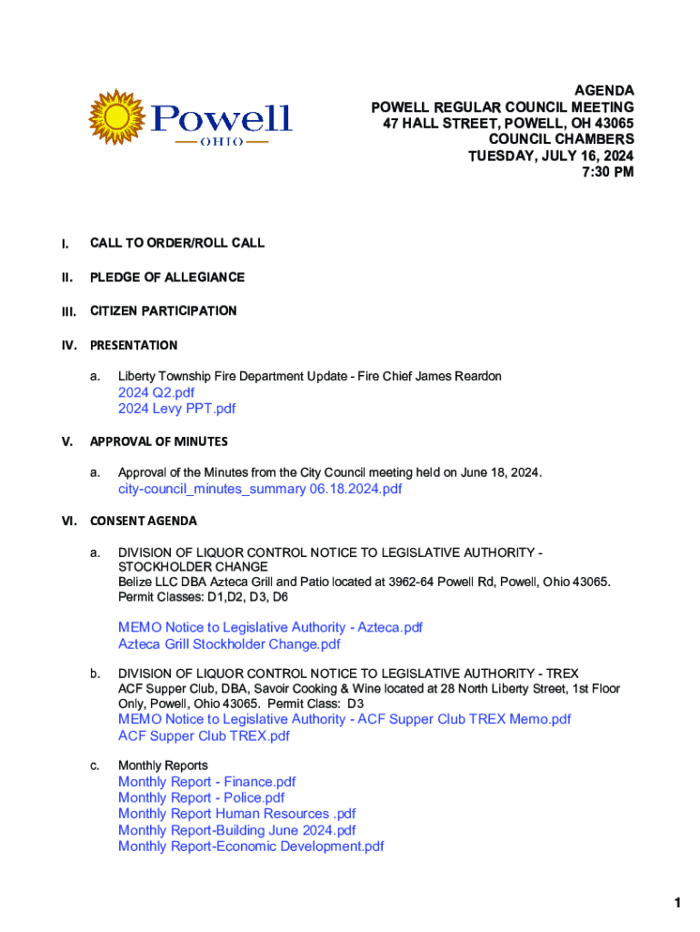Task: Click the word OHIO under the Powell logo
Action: coord(221,144)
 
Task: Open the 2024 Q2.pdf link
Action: coord(156,392)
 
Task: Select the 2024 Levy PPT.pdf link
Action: coord(176,409)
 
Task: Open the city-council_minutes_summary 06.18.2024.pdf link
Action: coord(260,489)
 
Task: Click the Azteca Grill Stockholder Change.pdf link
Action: coord(229,644)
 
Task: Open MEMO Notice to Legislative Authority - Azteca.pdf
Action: coord(270,628)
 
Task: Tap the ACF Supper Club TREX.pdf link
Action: coord(204,735)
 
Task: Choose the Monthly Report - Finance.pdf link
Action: coord(206,782)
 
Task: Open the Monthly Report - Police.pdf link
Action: coord(201,798)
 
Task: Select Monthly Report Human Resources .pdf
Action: coord(236,814)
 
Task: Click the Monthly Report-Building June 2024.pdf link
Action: coord(236,830)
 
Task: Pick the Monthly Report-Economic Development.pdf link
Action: coord(251,846)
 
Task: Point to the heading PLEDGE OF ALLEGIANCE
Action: coord(167,277)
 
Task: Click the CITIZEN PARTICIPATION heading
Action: coord(163,311)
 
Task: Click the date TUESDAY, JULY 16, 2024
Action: coord(551,156)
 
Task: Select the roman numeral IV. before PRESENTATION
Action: coord(68,346)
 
